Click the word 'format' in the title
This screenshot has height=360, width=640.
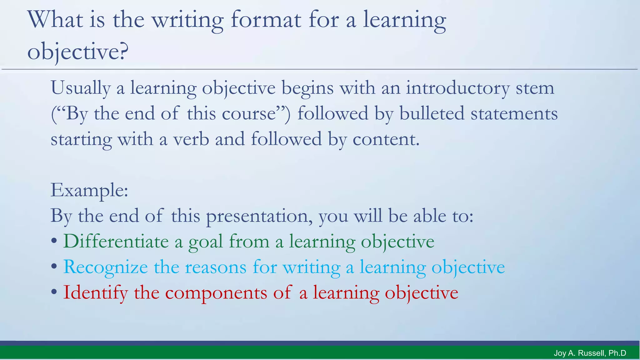[266, 20]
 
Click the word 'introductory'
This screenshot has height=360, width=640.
[457, 88]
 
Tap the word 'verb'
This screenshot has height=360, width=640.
[191, 139]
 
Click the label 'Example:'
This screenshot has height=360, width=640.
[89, 190]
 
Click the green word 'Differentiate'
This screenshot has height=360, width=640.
[116, 242]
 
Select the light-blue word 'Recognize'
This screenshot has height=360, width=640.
[106, 267]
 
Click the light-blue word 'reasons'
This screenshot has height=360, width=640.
[216, 267]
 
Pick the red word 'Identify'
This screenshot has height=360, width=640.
[95, 293]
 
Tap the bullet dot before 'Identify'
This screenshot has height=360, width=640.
[54, 292]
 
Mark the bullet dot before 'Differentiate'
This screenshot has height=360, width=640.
[54, 241]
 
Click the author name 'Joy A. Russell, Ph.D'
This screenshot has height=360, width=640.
[590, 353]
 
